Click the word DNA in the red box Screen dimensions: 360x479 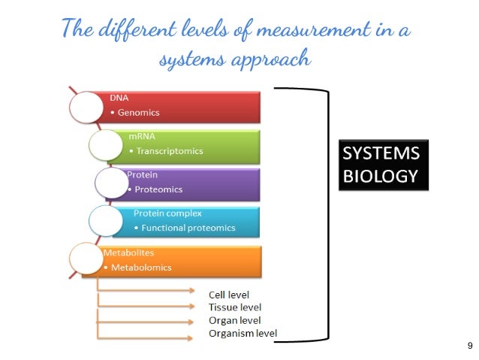pos(119,98)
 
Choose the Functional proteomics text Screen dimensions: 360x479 pos(188,228)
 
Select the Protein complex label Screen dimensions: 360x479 pos(167,213)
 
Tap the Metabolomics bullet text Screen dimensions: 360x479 pos(140,268)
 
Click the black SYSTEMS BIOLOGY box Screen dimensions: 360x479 pos(382,165)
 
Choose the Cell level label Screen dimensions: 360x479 pos(229,295)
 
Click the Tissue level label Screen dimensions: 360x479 pos(234,307)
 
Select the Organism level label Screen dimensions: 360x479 pos(243,333)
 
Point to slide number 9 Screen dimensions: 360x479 pos(469,346)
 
